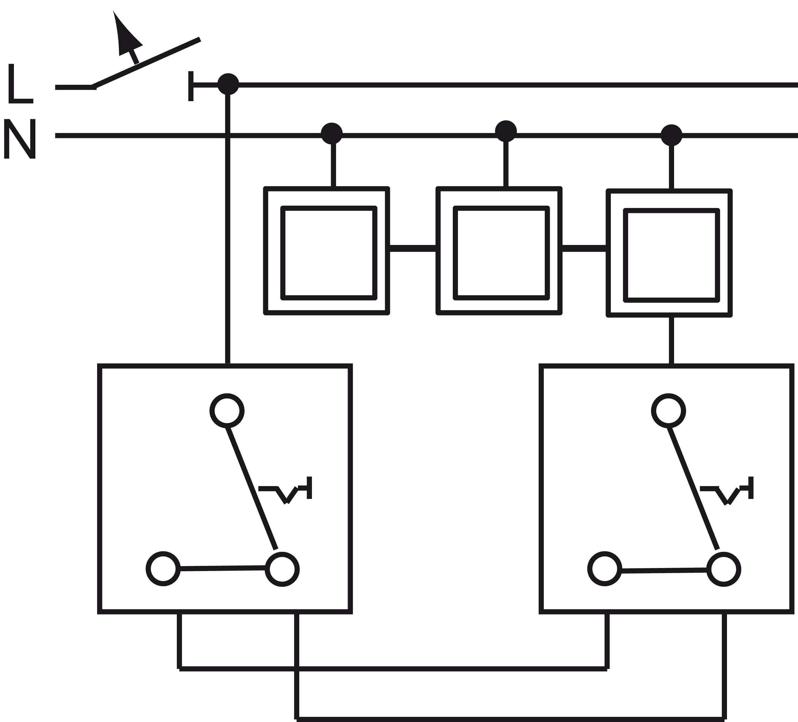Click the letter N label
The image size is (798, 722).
(20, 139)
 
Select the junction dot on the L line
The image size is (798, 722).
(228, 84)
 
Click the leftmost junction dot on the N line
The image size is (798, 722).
(332, 133)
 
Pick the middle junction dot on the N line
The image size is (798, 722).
(506, 131)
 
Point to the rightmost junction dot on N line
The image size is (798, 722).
(671, 135)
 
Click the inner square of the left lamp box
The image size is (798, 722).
(329, 253)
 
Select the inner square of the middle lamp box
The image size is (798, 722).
(501, 253)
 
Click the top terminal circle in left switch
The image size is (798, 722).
(227, 410)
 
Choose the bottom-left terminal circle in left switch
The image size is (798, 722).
(163, 569)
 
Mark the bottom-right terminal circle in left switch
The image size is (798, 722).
(282, 570)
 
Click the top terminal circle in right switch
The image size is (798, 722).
(669, 410)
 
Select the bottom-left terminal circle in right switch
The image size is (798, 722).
(605, 569)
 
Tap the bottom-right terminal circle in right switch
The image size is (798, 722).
(724, 570)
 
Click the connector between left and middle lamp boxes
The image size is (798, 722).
(413, 248)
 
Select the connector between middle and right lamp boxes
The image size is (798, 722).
(584, 248)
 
